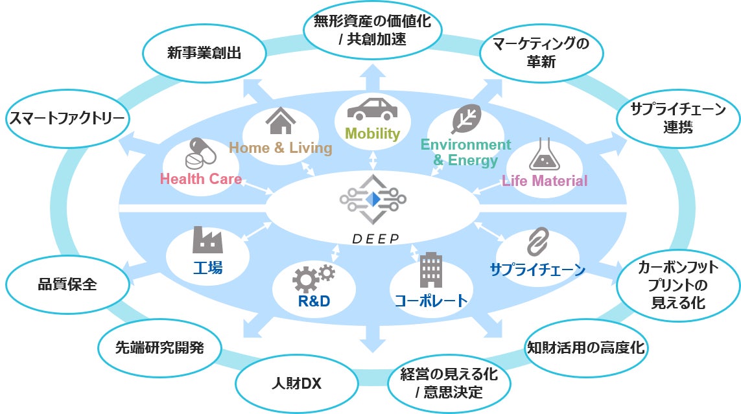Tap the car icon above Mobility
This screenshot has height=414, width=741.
tap(372, 108)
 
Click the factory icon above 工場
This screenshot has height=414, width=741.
tap(207, 240)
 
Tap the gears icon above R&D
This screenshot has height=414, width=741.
tap(313, 277)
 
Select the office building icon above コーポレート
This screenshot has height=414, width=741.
tap(430, 270)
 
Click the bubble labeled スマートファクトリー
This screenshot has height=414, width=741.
tap(66, 118)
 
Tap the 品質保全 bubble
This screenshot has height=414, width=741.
tap(66, 284)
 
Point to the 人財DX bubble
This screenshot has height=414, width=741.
tap(296, 384)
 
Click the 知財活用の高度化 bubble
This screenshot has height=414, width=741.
tap(585, 347)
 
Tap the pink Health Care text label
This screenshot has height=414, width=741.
tap(201, 179)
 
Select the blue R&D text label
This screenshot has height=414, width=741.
tap(314, 301)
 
